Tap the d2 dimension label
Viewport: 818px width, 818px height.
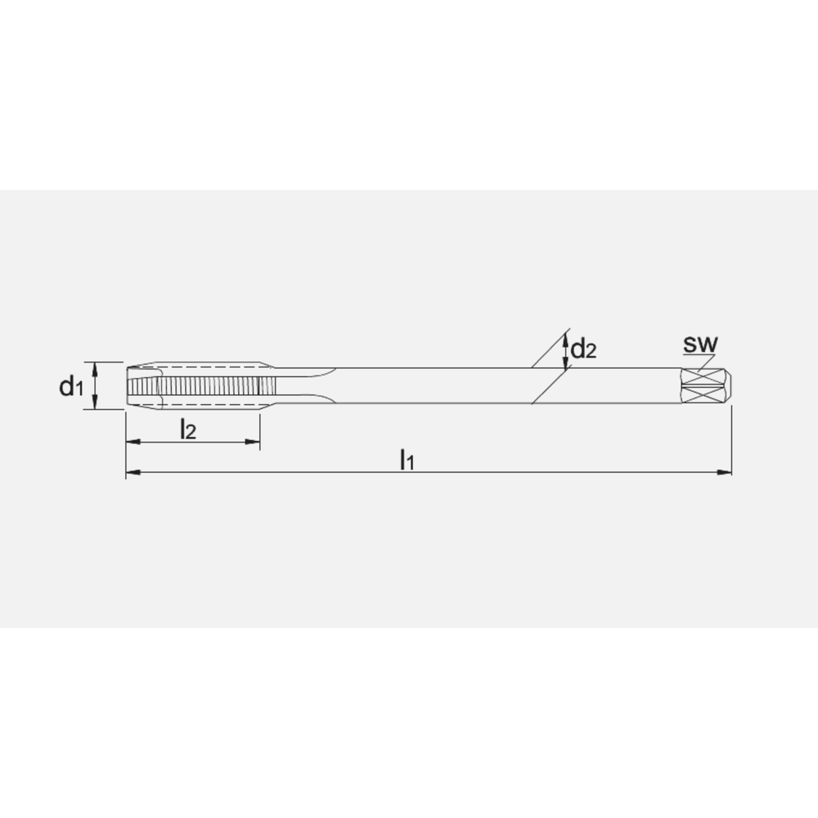coord(584,350)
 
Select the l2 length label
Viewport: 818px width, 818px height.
coord(187,429)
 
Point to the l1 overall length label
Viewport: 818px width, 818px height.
coord(407,461)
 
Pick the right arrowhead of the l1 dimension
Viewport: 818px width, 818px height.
coord(725,472)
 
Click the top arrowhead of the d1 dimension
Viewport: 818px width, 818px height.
coord(96,367)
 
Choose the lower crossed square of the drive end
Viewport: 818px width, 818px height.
coord(704,394)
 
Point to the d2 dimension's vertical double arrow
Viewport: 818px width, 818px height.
coord(567,351)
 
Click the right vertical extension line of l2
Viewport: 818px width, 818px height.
coord(259,429)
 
